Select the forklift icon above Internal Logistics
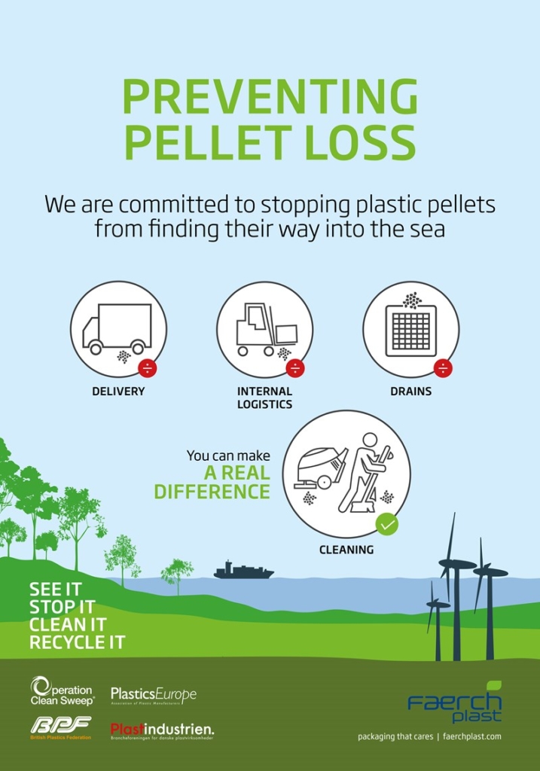pos(264,329)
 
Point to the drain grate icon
pos(410,330)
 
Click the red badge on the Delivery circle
pos(148,368)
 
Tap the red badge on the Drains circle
pos(443,368)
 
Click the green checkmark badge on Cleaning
pos(387,523)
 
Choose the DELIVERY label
pos(118,392)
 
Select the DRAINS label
pos(410,392)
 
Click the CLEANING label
pos(346,550)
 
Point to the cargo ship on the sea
pos(243,571)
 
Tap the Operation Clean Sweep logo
pos(62,691)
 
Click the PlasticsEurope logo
pos(154,694)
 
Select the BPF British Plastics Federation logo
pos(60,727)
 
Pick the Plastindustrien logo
pos(162,730)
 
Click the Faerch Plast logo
pos(456,703)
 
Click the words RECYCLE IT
pos(77,642)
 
